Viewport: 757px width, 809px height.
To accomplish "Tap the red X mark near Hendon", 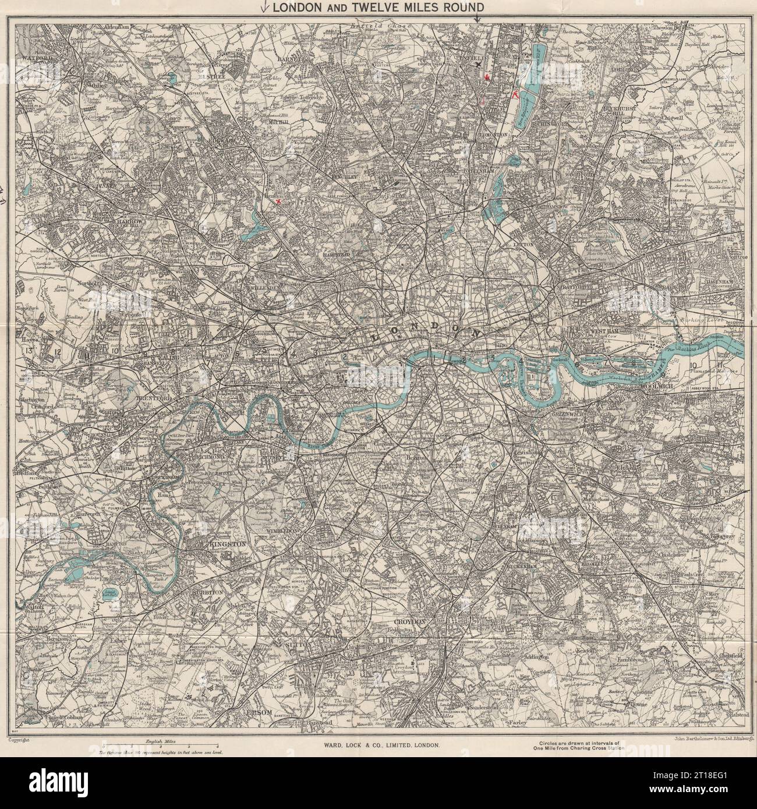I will click(278, 202).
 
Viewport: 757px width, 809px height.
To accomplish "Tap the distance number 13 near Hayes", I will click(27, 351).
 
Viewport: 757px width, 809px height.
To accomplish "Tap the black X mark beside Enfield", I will click(478, 65).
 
